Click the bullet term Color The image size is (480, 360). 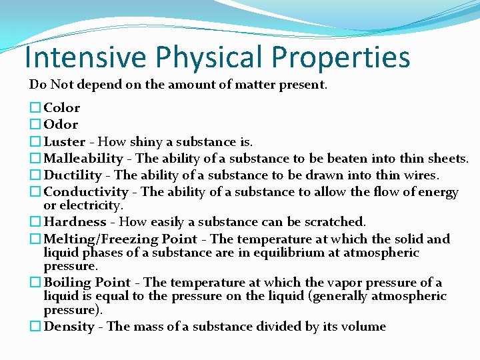click(x=62, y=108)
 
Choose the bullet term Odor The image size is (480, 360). click(x=61, y=125)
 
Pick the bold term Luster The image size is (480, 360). click(x=64, y=142)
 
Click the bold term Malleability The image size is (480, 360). click(x=83, y=159)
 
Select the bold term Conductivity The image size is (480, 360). click(x=86, y=193)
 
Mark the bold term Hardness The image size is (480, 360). click(x=75, y=222)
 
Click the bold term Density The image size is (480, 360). click(x=69, y=327)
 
